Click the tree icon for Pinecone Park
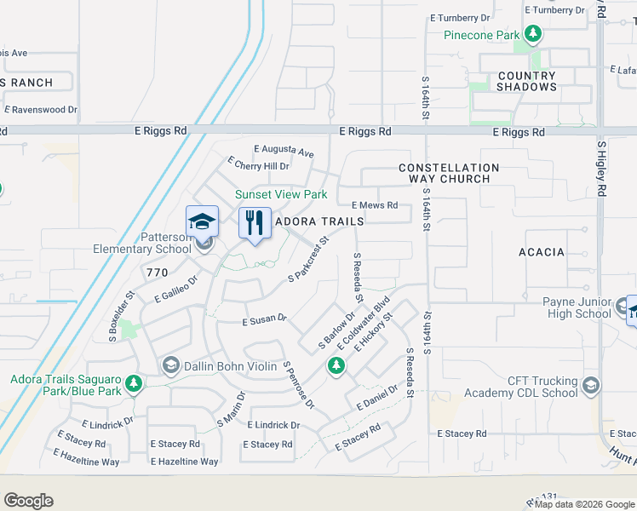(534, 34)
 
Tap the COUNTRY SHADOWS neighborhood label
(526, 81)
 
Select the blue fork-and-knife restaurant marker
(255, 223)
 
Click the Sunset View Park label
(281, 194)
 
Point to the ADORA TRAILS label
(319, 221)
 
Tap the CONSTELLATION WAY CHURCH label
(449, 173)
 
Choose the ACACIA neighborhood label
(541, 252)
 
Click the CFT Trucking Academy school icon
(592, 387)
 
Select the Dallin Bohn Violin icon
(170, 366)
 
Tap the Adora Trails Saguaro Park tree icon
(133, 384)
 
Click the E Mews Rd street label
(375, 205)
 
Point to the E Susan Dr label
(264, 321)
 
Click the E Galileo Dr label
(176, 288)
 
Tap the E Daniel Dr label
(377, 396)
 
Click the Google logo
(28, 501)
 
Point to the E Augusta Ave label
(284, 154)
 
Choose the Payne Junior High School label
(577, 307)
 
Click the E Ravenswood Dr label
(41, 110)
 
